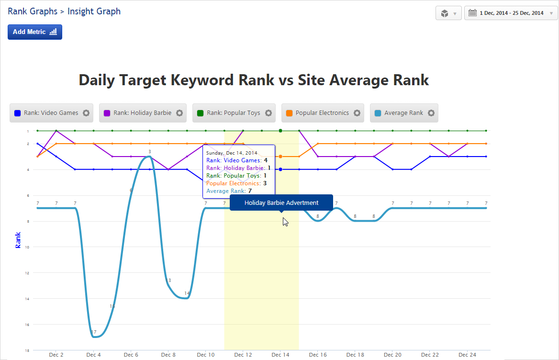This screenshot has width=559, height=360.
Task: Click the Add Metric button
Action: pos(35,32)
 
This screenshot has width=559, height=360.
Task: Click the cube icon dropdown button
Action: pos(448,13)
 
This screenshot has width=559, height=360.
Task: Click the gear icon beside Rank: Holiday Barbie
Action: pos(179,113)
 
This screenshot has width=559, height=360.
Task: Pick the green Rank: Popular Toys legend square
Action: pos(200,113)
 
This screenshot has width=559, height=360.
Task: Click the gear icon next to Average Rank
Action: pos(431,113)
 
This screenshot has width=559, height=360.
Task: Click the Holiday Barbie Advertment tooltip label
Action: pos(281,202)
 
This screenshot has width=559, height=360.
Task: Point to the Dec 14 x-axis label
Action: pos(280,355)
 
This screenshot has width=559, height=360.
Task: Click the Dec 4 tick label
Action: pos(93,355)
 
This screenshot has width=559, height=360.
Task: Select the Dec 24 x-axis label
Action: pos(467,355)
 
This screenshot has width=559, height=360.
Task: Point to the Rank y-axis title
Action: pos(18,239)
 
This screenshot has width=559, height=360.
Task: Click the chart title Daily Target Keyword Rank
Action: pos(254,80)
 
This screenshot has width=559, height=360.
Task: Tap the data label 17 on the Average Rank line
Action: pos(93,332)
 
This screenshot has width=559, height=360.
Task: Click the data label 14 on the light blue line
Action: pos(187,293)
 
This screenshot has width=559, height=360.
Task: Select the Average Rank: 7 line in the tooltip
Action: pos(229,191)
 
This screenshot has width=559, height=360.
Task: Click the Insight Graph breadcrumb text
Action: pos(94,11)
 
